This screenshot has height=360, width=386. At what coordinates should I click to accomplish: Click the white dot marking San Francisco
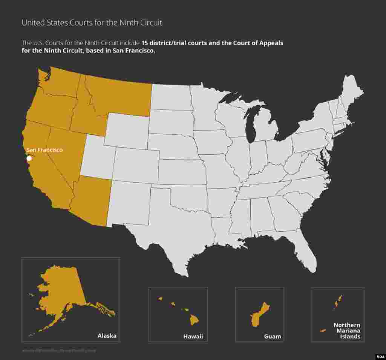(29, 158)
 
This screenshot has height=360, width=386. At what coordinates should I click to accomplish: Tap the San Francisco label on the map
(44, 150)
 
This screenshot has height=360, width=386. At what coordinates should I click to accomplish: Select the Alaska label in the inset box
(107, 335)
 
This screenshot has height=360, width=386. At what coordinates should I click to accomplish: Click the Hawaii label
(193, 336)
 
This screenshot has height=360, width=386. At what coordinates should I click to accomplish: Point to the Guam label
(273, 336)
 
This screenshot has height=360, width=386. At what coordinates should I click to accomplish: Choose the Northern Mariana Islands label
(347, 331)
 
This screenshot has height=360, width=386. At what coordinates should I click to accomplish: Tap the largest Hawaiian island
(194, 320)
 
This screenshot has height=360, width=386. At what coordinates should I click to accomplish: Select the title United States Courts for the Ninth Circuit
(92, 23)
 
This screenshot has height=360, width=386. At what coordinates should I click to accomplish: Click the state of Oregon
(49, 109)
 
